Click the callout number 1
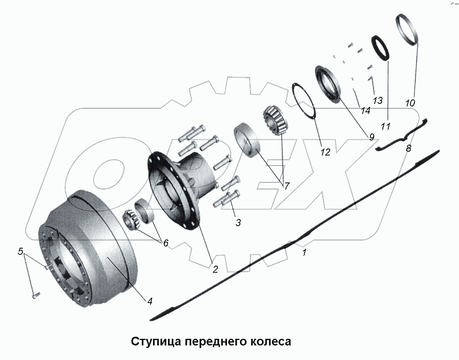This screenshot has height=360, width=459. point(304,252)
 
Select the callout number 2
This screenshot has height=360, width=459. point(215,269)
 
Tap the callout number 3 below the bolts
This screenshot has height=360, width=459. point(238,222)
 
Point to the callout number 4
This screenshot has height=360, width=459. point(149,301)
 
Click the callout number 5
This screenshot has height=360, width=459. point(20,251)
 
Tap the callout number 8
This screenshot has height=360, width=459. point(408,148)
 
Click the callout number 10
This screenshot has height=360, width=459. point(410,102)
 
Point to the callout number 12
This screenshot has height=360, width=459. point(325,152)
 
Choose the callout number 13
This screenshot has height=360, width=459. point(377,100)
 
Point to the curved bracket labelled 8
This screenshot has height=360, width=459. point(401,138)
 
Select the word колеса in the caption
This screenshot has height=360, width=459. point(270,342)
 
